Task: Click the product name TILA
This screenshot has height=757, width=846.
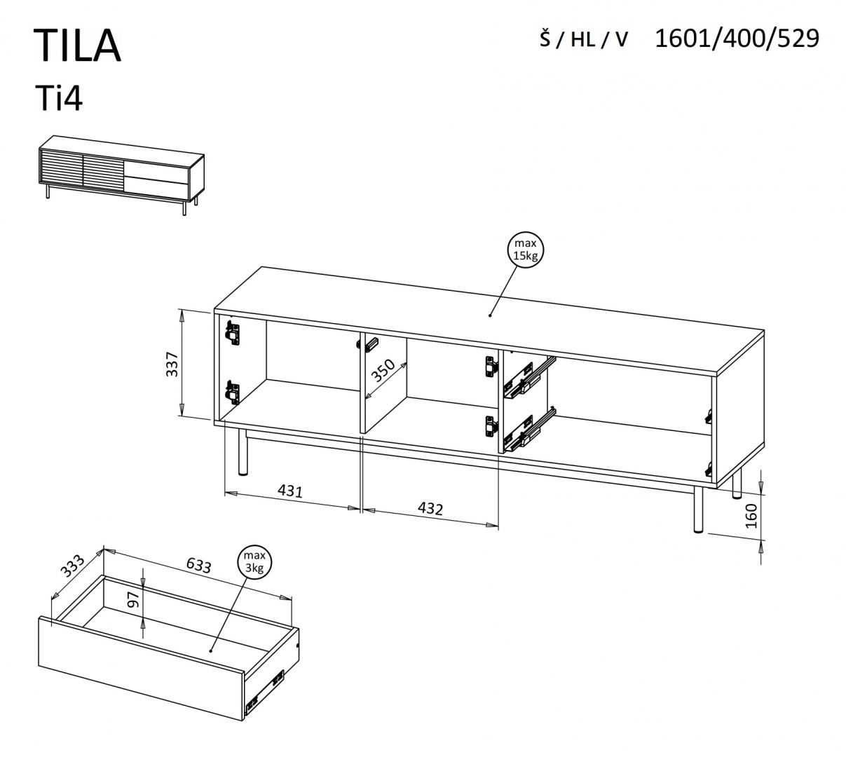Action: tap(77, 46)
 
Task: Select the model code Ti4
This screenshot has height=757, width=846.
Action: tap(59, 99)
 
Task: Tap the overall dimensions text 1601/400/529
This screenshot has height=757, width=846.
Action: tap(736, 39)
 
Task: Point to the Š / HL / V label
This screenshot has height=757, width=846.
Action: tap(583, 40)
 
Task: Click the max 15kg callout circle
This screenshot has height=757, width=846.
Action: tap(525, 250)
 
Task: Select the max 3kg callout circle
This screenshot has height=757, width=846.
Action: tap(254, 561)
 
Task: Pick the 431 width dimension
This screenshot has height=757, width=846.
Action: tap(289, 491)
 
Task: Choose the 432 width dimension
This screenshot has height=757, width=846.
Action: tap(430, 508)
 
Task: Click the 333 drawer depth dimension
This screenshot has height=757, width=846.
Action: tap(71, 565)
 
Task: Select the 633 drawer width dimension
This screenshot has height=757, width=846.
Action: tap(198, 565)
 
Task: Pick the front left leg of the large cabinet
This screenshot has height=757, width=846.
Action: tap(243, 453)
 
